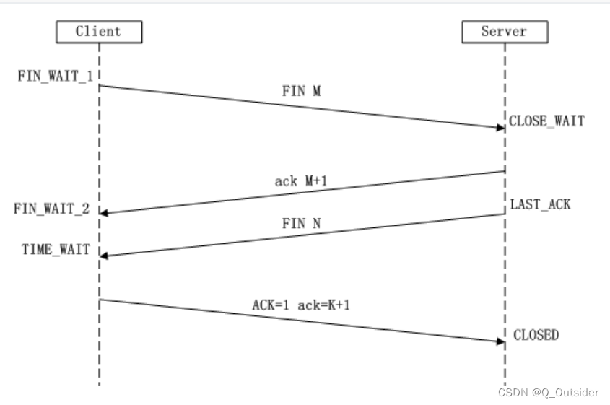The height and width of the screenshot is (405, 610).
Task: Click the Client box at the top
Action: (x=98, y=32)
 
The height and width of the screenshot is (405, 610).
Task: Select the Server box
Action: (x=504, y=32)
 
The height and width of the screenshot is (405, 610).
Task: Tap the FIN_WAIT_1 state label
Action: (x=55, y=75)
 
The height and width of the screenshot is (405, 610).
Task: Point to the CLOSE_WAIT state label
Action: (x=546, y=121)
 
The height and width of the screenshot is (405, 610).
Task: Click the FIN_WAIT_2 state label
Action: (x=52, y=209)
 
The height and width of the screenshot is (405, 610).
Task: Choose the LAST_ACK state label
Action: (x=540, y=204)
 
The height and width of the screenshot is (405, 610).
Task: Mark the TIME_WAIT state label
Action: (x=56, y=250)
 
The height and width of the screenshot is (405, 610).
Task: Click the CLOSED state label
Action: (x=536, y=335)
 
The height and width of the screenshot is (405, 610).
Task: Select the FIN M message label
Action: (x=302, y=92)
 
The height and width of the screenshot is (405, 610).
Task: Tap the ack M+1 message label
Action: (x=301, y=180)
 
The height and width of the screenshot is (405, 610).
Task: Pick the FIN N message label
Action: (x=302, y=223)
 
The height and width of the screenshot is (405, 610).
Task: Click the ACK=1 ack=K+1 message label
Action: (x=300, y=305)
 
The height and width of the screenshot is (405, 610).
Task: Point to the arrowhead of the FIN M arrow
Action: (x=500, y=128)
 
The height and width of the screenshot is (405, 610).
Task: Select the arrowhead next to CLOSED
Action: (x=500, y=340)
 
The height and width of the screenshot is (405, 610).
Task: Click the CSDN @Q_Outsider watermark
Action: (x=548, y=393)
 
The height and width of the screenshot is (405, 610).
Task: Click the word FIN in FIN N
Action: (x=294, y=223)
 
